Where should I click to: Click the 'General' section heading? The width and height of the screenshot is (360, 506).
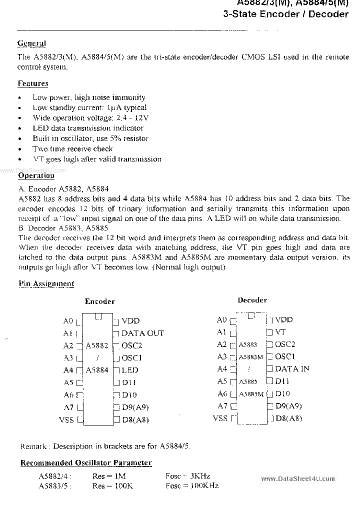coord(32,43)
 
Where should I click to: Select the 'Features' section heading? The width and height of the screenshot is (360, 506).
coord(33,83)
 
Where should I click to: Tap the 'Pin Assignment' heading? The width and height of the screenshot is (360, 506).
coord(46,283)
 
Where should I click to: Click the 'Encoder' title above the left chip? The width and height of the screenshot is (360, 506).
coord(99,301)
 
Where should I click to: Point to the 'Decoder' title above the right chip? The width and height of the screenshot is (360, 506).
coord(252,300)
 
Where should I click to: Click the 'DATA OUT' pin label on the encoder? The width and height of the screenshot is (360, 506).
coord(142,333)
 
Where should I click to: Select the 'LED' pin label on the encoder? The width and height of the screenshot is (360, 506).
coord(130,370)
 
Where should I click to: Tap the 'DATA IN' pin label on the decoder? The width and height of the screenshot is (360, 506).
coord(292,368)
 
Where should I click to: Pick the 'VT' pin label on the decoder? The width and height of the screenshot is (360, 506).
coord(280,331)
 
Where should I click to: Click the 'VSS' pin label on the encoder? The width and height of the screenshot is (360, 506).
coord(66,419)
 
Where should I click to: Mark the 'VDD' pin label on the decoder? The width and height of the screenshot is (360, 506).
coord(284,319)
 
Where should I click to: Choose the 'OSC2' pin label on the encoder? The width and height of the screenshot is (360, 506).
coord(132,345)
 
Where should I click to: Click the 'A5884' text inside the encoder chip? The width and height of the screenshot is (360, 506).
coord(97,370)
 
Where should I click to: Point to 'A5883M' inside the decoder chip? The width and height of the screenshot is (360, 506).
coord(250,357)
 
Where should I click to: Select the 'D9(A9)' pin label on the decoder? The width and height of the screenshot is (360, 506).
coord(288,406)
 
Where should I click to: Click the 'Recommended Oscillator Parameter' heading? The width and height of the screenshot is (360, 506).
coord(86,463)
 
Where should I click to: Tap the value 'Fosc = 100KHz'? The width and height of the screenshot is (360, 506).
coord(192,485)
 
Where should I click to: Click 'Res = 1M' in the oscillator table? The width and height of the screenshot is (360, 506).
coord(106,476)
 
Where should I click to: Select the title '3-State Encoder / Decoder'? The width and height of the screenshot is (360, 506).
coord(285,14)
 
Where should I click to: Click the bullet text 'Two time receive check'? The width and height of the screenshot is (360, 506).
coord(72,148)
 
